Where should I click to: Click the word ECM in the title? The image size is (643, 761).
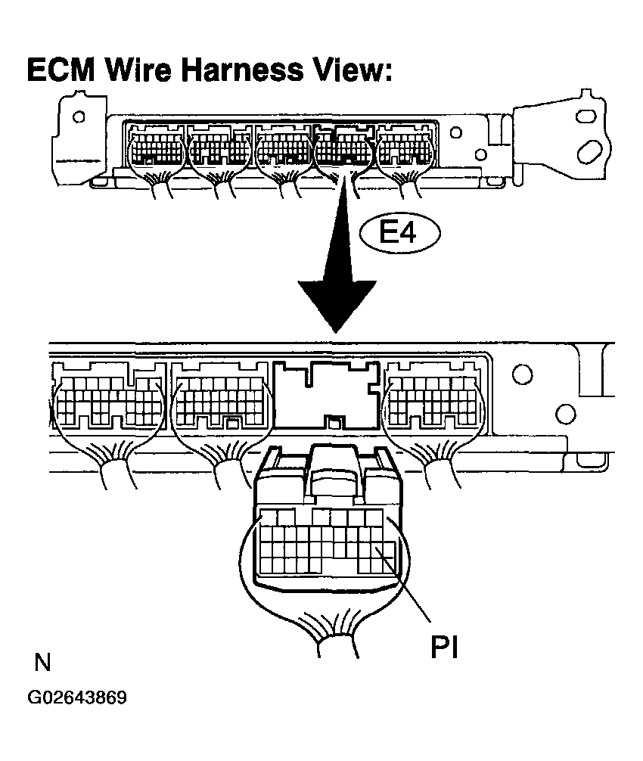point(61,70)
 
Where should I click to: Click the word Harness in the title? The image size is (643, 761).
point(243,70)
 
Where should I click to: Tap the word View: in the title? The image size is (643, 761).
point(351,70)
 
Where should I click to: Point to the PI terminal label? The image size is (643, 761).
point(444,647)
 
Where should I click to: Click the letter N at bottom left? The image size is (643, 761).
point(42,662)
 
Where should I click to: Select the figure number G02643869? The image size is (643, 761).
point(77,697)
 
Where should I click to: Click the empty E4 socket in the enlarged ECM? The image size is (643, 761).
point(326,395)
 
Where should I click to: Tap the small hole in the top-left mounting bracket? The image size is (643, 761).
point(78,117)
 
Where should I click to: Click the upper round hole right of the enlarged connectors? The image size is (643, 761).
point(522,374)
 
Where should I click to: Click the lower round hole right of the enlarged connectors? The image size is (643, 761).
point(565,414)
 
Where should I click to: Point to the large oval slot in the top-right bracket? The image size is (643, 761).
point(590,152)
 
